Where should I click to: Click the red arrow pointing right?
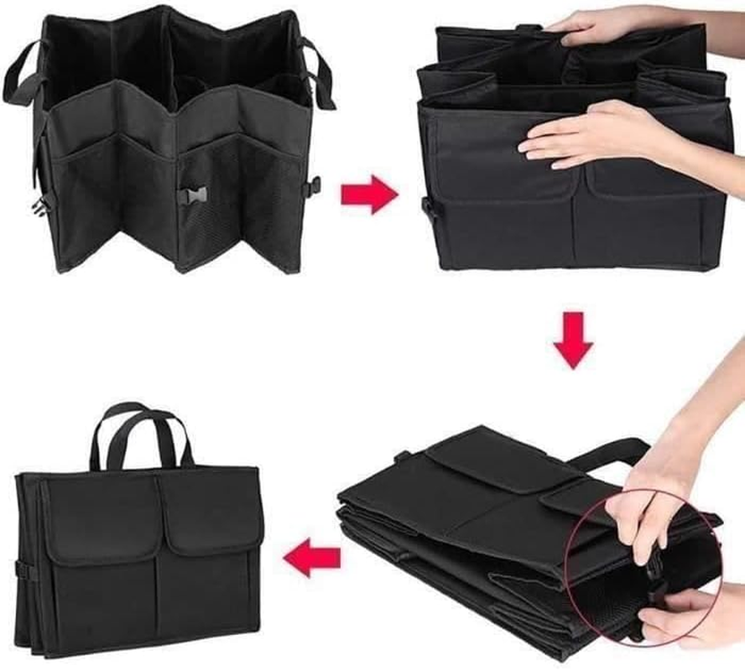[367, 195]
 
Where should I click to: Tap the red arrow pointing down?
[573, 339]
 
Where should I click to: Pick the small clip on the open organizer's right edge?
[314, 184]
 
